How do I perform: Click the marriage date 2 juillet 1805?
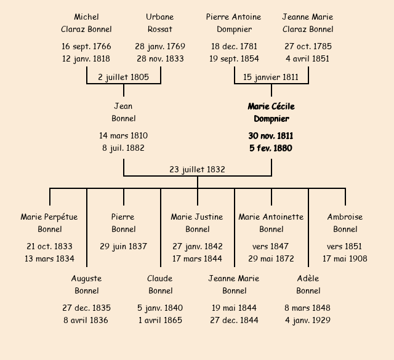123,77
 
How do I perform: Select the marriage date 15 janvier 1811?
271,77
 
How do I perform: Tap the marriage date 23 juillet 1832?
197,169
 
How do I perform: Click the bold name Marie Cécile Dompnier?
271,113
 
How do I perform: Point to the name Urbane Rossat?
160,23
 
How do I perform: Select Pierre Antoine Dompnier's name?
234,23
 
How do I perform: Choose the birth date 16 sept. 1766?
86,46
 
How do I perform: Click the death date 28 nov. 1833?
160,58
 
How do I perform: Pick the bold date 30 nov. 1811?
271,135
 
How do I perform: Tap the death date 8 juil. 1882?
123,148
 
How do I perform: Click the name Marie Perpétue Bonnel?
50,223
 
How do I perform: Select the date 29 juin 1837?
123,246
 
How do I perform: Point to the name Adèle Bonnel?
308,284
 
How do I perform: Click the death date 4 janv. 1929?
308,320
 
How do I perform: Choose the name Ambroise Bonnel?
345,223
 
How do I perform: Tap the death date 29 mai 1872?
271,258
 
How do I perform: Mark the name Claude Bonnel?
160,284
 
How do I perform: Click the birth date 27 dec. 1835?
86,308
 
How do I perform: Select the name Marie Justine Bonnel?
197,223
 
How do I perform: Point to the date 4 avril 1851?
308,58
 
